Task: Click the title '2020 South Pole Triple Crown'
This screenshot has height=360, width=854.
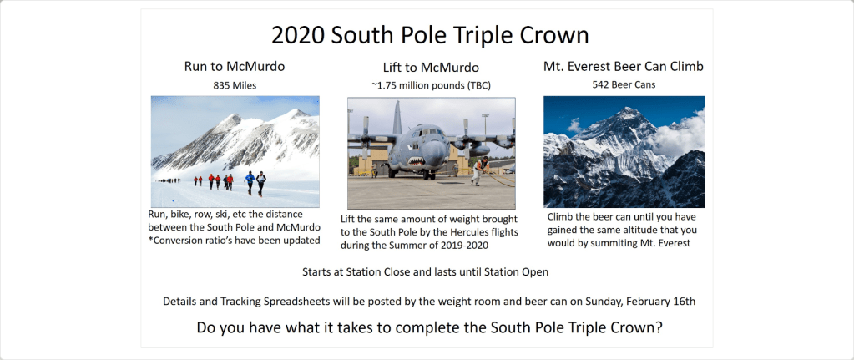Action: [x=430, y=35]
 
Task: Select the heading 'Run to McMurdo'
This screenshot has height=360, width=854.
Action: [x=235, y=67]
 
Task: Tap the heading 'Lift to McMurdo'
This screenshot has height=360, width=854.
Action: [x=431, y=68]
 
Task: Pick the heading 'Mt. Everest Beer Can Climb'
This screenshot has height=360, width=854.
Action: [x=624, y=67]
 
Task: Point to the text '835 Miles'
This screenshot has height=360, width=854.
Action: [x=235, y=85]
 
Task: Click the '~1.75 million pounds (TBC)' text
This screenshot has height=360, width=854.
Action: [x=431, y=86]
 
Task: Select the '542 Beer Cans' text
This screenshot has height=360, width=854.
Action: [x=624, y=85]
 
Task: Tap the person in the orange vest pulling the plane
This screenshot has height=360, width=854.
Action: [x=479, y=170]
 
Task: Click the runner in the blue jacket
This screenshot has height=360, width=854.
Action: [x=250, y=182]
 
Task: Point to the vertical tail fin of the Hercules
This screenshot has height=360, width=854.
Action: [x=397, y=117]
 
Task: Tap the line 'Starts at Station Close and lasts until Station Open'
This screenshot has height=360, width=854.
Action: [x=426, y=271]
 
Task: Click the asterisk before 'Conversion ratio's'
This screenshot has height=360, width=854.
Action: [x=150, y=239]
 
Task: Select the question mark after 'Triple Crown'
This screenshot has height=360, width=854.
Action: [x=659, y=328]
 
